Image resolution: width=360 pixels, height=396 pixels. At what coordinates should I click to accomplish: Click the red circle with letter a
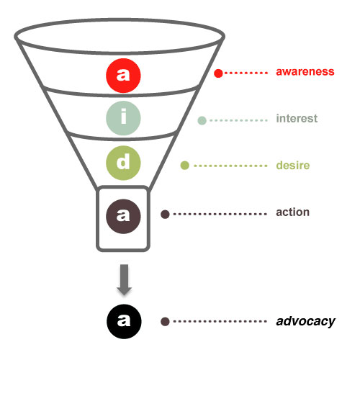(123, 76)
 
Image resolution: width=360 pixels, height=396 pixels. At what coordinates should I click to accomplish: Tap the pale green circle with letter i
(123, 118)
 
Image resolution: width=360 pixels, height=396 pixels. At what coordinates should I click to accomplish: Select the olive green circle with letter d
(123, 163)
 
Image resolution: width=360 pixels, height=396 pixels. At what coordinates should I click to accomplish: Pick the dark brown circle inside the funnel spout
(123, 217)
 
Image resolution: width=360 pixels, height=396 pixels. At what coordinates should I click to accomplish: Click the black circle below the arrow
(124, 322)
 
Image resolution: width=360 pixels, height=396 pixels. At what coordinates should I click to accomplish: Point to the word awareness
(305, 71)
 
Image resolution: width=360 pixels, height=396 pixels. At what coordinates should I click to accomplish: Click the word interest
(297, 118)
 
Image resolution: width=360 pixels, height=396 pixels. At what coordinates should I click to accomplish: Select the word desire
(293, 166)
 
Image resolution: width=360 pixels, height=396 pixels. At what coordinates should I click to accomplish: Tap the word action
(292, 212)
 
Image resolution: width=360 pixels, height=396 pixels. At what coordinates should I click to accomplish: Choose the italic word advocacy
(306, 321)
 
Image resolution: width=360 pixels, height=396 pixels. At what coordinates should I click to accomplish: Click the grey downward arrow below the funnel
(124, 279)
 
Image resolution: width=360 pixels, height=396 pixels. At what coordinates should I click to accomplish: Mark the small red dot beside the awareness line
(218, 73)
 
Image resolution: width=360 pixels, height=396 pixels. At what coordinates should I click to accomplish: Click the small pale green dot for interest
(202, 120)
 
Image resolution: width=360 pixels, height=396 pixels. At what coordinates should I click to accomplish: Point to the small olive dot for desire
(184, 166)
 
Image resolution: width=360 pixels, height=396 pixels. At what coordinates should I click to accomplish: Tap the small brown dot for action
(165, 214)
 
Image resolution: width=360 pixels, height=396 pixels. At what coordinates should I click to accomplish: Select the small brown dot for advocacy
(165, 322)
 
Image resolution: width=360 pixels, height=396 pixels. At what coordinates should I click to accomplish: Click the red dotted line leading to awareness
(246, 73)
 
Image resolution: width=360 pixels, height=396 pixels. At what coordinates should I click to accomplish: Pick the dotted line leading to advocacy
(220, 322)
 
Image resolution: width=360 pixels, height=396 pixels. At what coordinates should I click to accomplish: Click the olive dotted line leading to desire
(230, 166)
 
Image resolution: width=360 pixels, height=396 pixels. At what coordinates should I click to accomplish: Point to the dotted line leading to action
(220, 214)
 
